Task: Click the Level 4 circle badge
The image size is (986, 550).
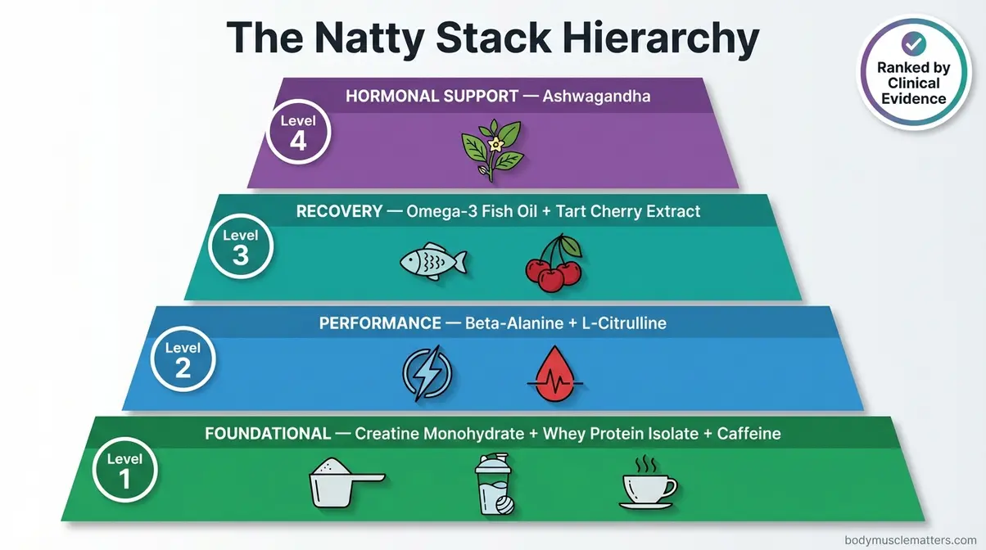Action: pos(298,133)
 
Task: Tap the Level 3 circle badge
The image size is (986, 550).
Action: pos(240,246)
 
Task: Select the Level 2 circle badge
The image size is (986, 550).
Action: pos(183,359)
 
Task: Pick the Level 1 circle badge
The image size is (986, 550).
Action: pos(124,470)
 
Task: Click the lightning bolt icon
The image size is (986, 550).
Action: pos(427,374)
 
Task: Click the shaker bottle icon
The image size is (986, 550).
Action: pos(493,485)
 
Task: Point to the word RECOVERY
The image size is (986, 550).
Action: pos(339,211)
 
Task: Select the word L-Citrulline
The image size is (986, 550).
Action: pos(624,323)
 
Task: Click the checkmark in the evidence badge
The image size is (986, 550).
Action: pos(911,43)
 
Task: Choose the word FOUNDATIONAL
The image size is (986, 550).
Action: pos(268,434)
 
